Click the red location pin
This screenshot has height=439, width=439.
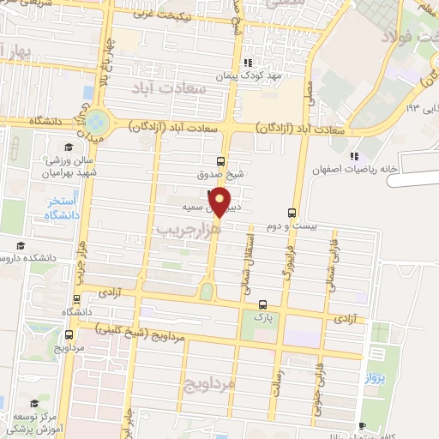point(221,202)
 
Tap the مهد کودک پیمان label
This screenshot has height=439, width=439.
point(274,75)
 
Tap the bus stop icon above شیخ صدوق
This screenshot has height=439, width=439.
point(221,161)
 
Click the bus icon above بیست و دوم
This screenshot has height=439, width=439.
point(292,213)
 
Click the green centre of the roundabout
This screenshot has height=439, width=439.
point(98,121)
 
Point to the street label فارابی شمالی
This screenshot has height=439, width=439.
point(330,256)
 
